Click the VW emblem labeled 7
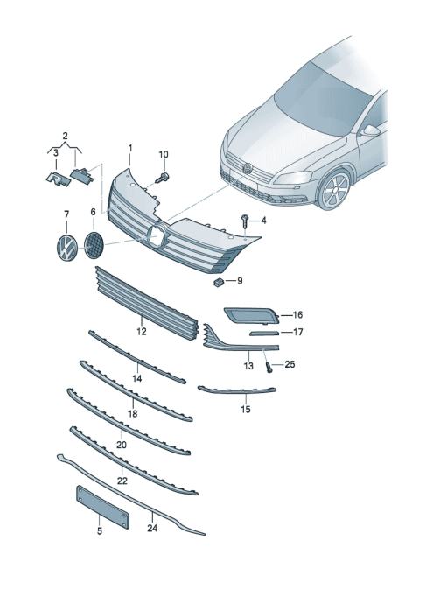pyautogui.click(x=67, y=248)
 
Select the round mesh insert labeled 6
pyautogui.click(x=94, y=245)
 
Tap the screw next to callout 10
pyautogui.click(x=163, y=178)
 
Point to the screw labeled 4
pyautogui.click(x=245, y=221)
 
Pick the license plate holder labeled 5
pyautogui.click(x=102, y=507)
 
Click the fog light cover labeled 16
pyautogui.click(x=252, y=315)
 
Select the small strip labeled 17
pyautogui.click(x=264, y=333)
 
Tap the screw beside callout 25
pyautogui.click(x=269, y=367)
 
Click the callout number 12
pyautogui.click(x=142, y=331)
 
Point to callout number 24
pyautogui.click(x=152, y=528)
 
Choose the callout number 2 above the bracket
pyautogui.click(x=65, y=136)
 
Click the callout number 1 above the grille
pyautogui.click(x=130, y=148)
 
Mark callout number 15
pyautogui.click(x=246, y=409)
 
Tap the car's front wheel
pyautogui.click(x=333, y=190)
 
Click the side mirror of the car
pyautogui.click(x=370, y=130)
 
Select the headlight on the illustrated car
pyautogui.click(x=293, y=178)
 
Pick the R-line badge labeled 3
pyautogui.click(x=56, y=179)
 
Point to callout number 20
pyautogui.click(x=122, y=445)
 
